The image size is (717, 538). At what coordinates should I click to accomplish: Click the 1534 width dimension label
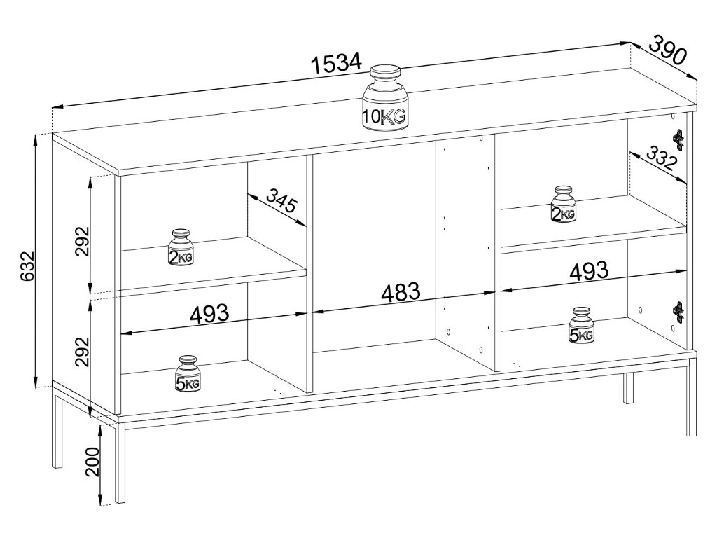(x=336, y=64)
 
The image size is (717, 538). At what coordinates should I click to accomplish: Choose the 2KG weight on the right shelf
(x=563, y=205)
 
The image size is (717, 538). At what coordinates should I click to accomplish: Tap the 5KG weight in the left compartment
(x=188, y=374)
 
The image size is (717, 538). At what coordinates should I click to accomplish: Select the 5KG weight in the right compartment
(x=581, y=326)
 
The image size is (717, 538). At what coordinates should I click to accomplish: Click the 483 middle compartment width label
(x=401, y=291)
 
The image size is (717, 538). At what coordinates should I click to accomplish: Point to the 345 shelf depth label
(x=281, y=204)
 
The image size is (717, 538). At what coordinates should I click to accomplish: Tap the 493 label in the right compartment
(x=588, y=270)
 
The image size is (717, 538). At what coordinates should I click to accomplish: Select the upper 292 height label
(x=83, y=241)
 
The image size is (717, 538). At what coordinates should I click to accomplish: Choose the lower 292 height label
(x=83, y=353)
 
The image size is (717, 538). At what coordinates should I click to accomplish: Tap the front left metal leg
(x=120, y=462)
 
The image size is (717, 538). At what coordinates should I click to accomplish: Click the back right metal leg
(x=628, y=388)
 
